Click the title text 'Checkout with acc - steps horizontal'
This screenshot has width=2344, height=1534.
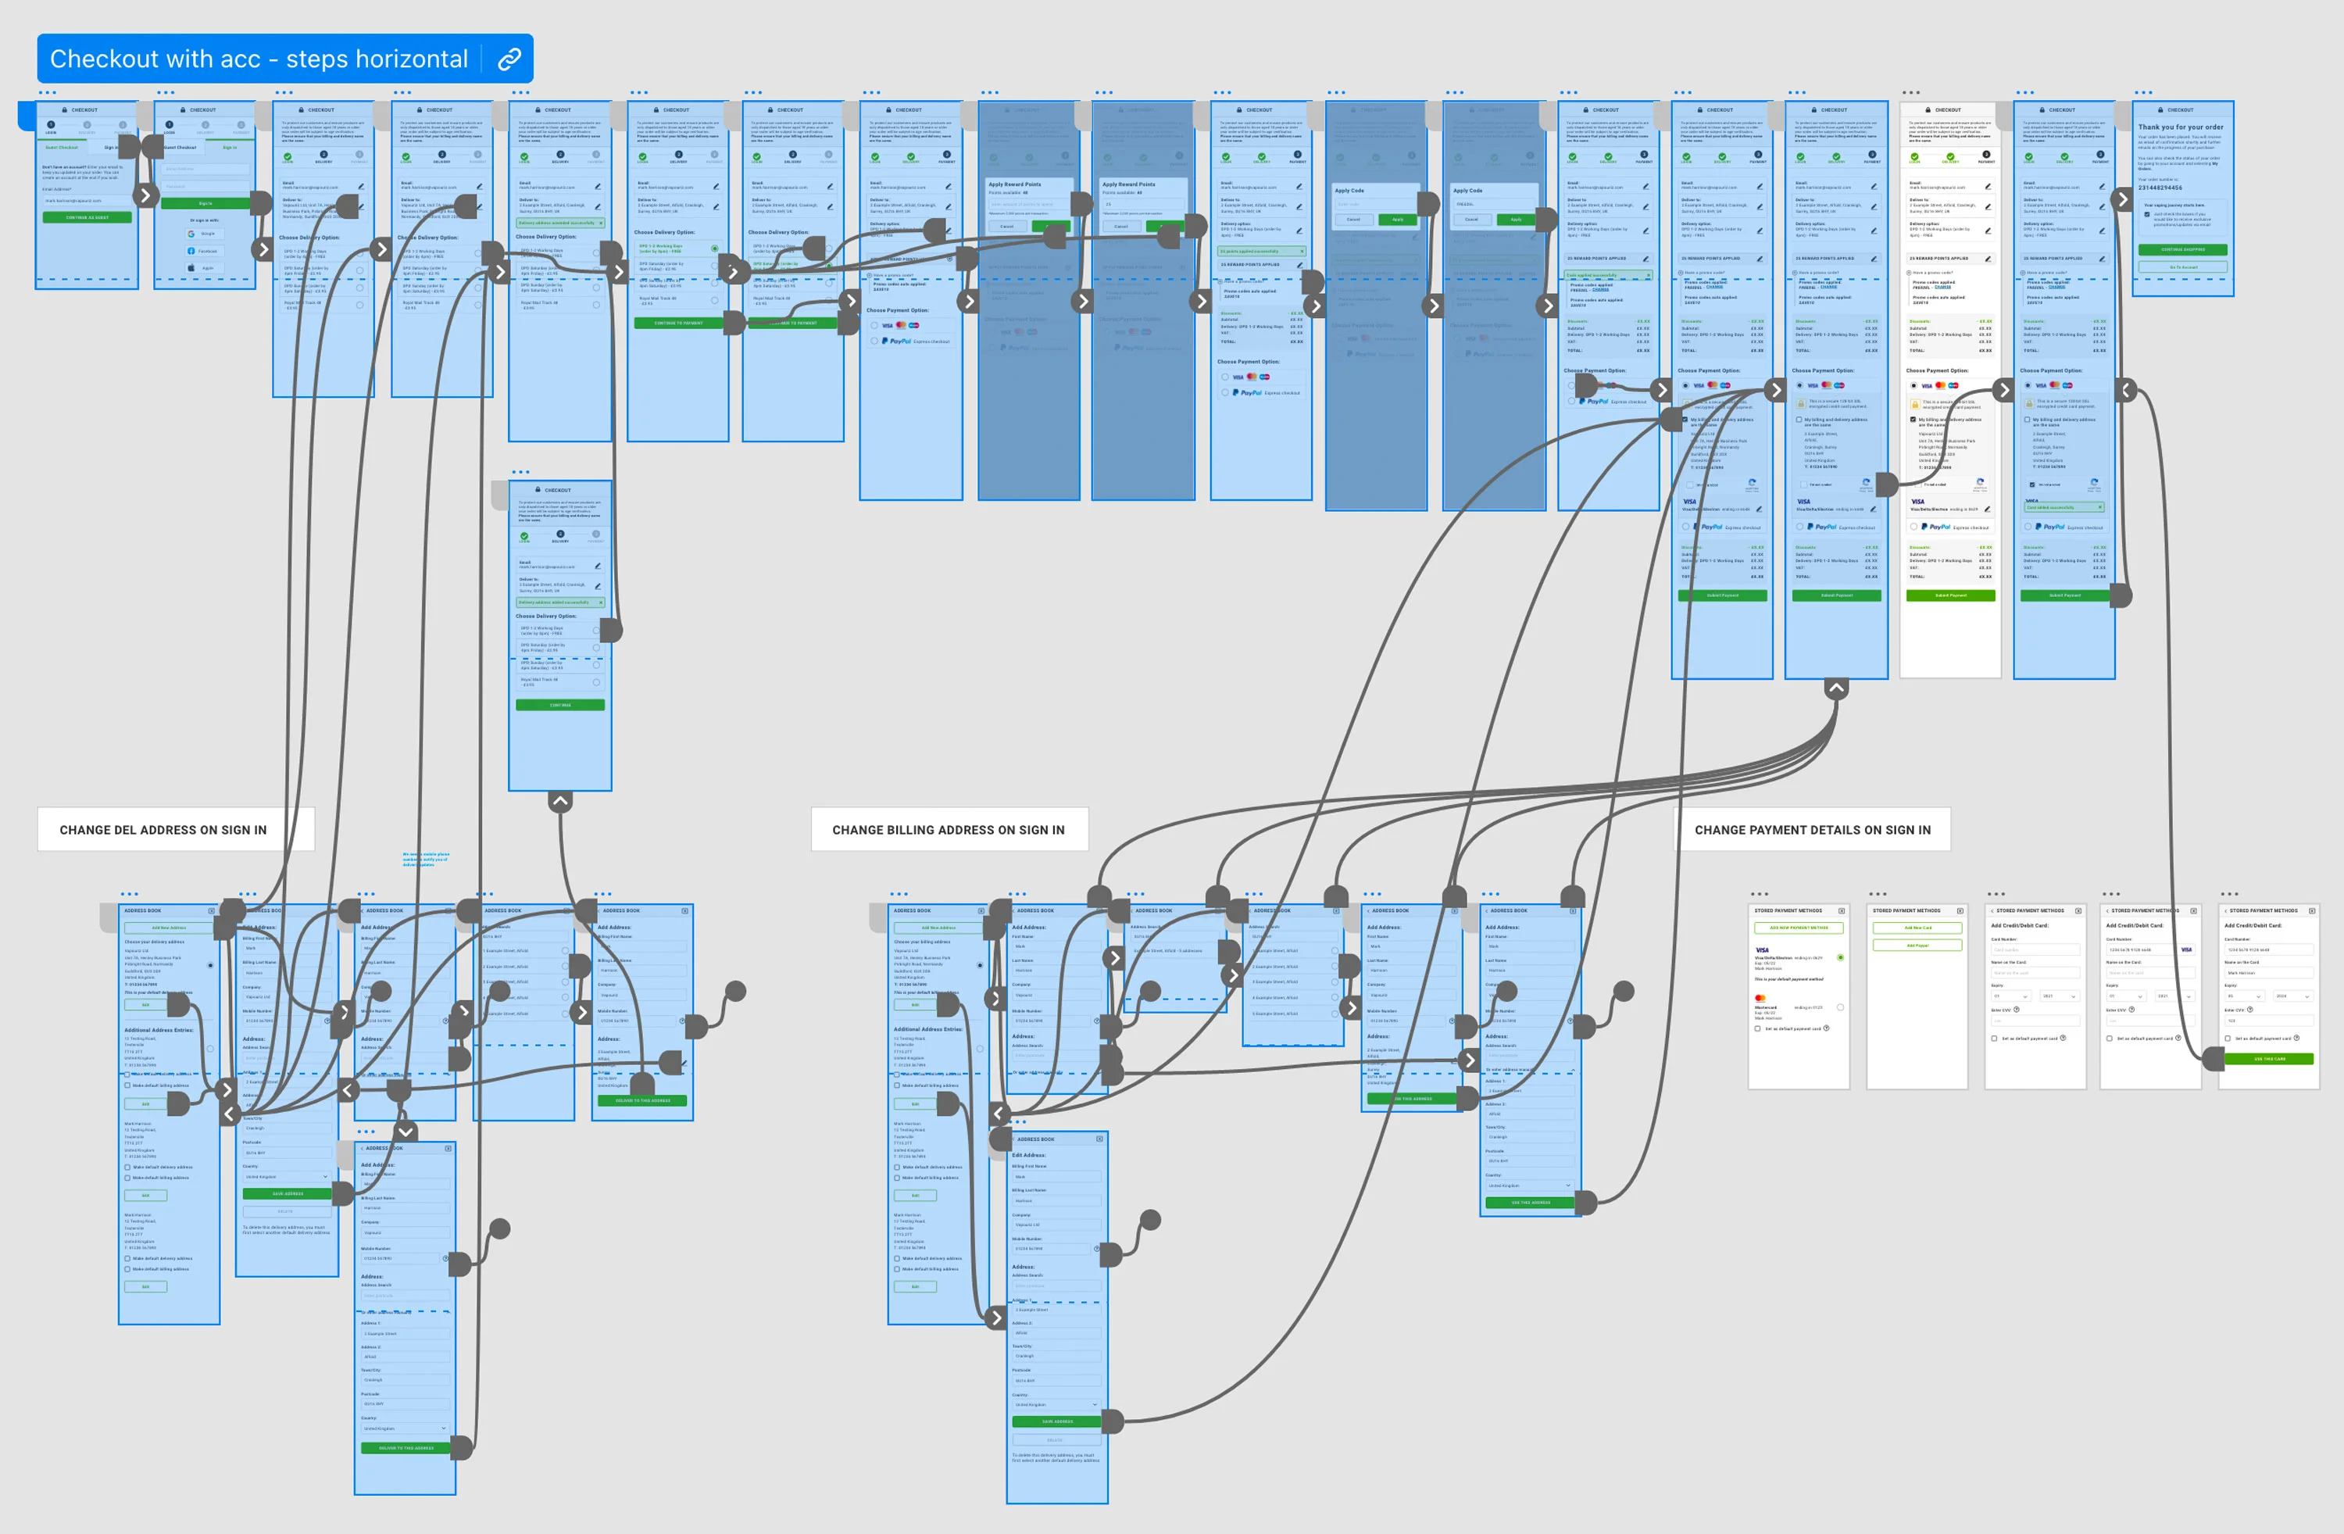pyautogui.click(x=258, y=59)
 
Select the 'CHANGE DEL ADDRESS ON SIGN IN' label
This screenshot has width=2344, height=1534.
pyautogui.click(x=163, y=830)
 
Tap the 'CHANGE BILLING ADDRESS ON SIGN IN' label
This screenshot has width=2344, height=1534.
pyautogui.click(x=949, y=830)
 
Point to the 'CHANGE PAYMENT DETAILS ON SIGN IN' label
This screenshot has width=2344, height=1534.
pyautogui.click(x=1812, y=830)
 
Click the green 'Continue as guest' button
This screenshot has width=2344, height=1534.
pyautogui.click(x=87, y=216)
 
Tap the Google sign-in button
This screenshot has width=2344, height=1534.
pyautogui.click(x=205, y=234)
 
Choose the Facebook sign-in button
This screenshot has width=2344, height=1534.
pyautogui.click(x=205, y=250)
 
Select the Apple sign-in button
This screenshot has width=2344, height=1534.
pyautogui.click(x=205, y=267)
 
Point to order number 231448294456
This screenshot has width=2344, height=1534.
pyautogui.click(x=2160, y=188)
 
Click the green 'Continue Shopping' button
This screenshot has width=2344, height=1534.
pyautogui.click(x=2182, y=249)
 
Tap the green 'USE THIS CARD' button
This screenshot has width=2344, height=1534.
pyautogui.click(x=2269, y=1059)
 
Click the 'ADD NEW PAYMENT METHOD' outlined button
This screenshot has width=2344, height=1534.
pyautogui.click(x=1799, y=927)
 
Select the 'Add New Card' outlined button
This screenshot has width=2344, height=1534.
pyautogui.click(x=1917, y=927)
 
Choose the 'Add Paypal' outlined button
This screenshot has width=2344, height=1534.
pyautogui.click(x=1917, y=945)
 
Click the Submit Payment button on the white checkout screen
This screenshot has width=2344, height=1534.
pyautogui.click(x=1950, y=595)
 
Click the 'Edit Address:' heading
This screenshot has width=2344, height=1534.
pyautogui.click(x=1030, y=1155)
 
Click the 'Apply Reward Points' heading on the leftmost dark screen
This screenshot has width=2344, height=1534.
pyautogui.click(x=1014, y=184)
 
